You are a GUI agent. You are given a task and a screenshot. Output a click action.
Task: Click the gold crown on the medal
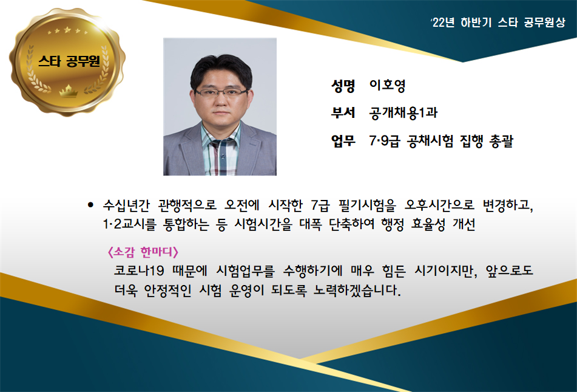(69, 91)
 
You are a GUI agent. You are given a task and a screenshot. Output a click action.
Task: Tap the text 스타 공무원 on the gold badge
(69, 61)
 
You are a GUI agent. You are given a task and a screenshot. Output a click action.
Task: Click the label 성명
(343, 86)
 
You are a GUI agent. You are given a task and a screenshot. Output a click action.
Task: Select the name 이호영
(388, 86)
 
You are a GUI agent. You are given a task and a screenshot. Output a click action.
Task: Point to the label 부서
(343, 113)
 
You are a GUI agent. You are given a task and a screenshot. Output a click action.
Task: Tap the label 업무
(343, 140)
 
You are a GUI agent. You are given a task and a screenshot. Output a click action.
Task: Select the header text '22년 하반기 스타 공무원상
(498, 23)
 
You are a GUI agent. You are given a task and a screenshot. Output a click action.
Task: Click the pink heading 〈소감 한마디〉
(143, 252)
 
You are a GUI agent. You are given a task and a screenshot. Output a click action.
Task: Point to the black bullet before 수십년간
(90, 205)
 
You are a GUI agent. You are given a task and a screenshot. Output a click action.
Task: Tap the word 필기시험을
(367, 205)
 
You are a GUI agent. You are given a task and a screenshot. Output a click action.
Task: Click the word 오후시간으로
(439, 205)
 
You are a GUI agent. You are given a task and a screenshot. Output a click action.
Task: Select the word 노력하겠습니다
(357, 291)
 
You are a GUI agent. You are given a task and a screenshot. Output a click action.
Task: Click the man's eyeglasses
(221, 92)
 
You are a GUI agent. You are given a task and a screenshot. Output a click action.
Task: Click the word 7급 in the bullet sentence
(320, 205)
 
